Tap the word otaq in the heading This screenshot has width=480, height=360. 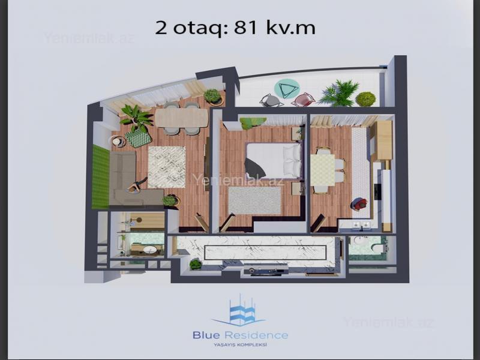[199, 29]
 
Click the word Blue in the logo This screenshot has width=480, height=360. [206, 335]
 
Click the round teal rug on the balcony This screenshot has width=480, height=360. [287, 89]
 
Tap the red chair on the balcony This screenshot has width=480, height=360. [303, 100]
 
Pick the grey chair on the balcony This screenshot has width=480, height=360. [271, 100]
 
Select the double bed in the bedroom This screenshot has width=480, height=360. [274, 160]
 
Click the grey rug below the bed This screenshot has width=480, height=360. [254, 200]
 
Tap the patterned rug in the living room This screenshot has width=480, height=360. [167, 167]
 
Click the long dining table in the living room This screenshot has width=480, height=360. [181, 118]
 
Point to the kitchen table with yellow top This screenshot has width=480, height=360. [323, 170]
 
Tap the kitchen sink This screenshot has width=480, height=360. [361, 225]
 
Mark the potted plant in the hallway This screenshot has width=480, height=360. [196, 264]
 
